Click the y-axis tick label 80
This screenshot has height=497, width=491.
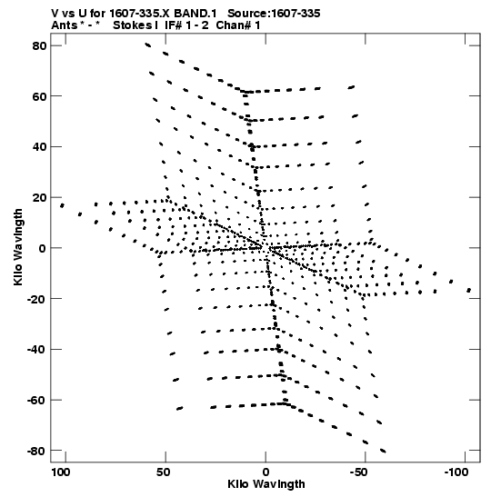pos(39,46)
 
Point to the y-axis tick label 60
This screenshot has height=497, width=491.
pos(39,96)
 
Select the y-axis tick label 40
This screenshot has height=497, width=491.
pos(39,147)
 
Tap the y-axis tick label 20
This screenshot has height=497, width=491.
pos(39,198)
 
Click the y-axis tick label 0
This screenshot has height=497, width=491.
pos(43,249)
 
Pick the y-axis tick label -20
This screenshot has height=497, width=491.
pos(36,299)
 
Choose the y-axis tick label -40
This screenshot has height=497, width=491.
pos(36,350)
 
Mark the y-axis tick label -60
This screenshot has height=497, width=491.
pos(36,401)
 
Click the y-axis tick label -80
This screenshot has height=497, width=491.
pos(36,452)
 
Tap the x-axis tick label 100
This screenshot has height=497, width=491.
pos(61,472)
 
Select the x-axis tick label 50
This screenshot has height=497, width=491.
pos(164,472)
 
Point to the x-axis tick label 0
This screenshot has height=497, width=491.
pos(266,472)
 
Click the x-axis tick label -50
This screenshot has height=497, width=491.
pos(358,472)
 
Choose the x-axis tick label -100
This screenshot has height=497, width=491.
pos(456,472)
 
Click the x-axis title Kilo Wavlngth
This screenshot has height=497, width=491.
pos(266,484)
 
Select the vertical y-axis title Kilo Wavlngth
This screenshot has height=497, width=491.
pos(18,247)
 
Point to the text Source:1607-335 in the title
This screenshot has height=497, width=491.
pos(274,14)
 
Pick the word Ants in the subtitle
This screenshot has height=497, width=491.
pos(65,25)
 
